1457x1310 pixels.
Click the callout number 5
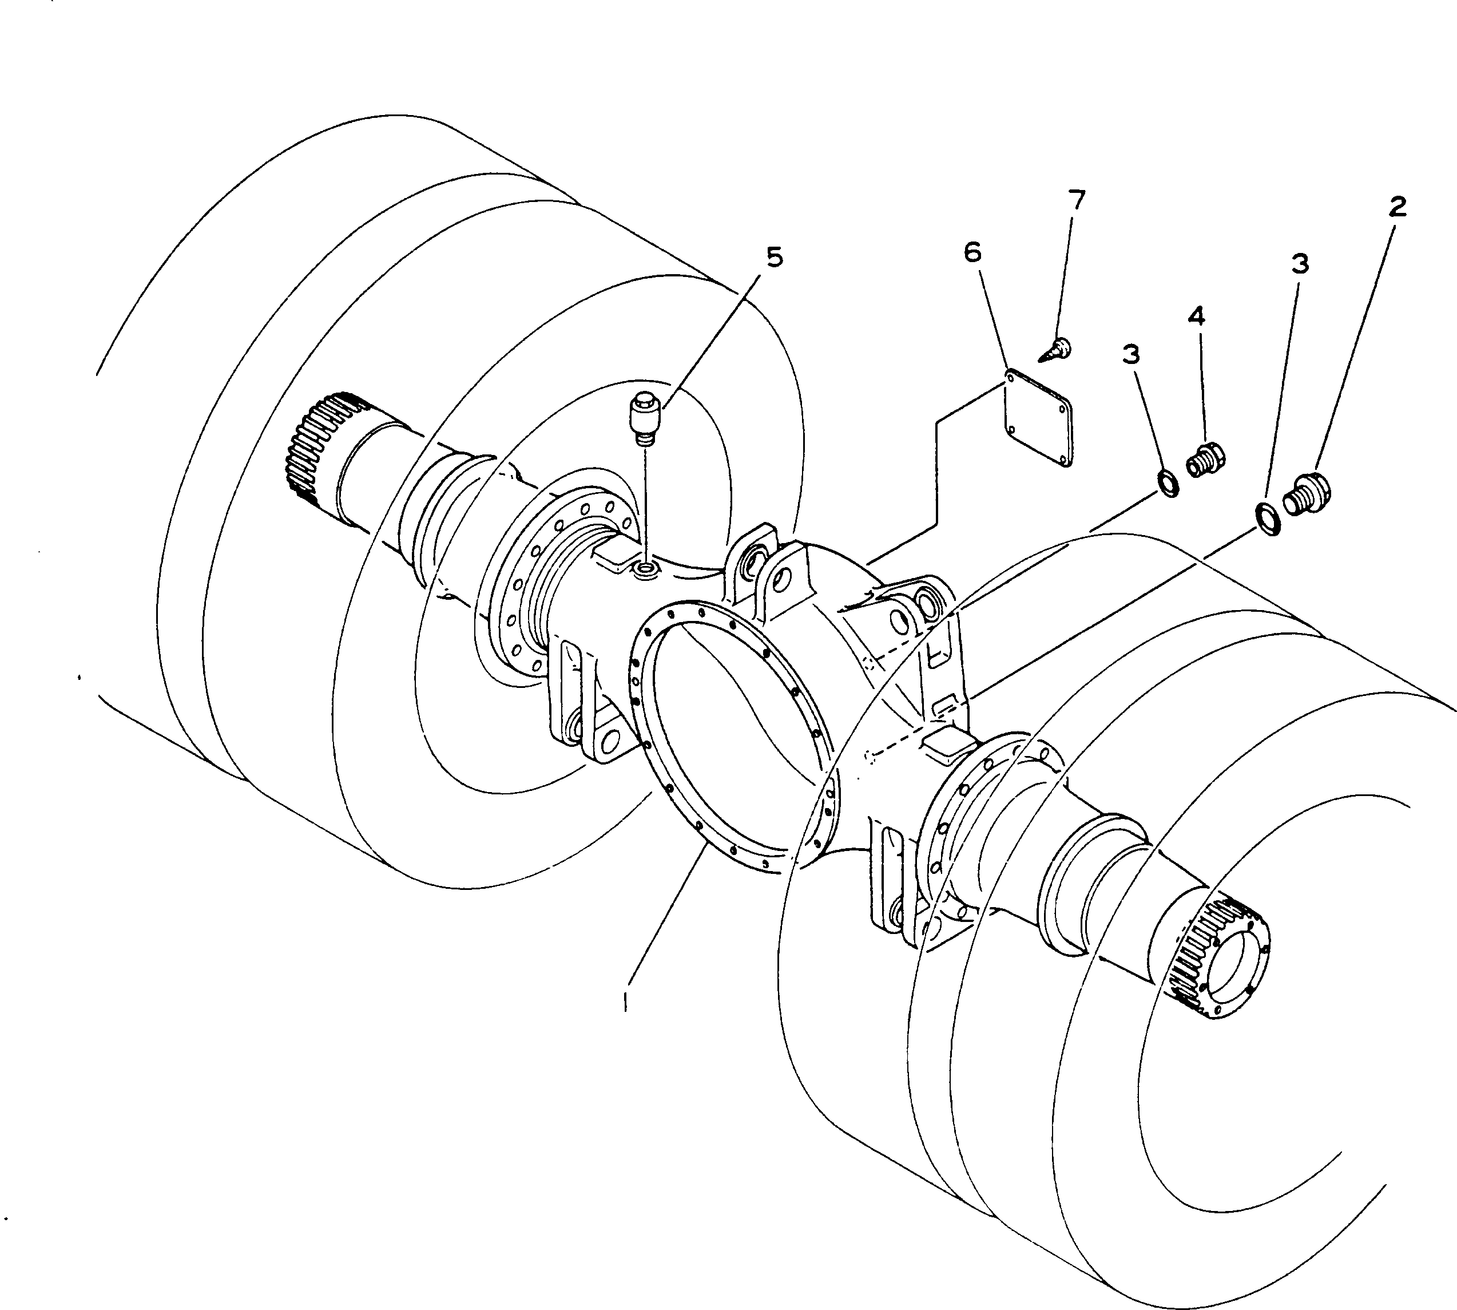773,257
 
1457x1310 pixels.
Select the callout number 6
972,252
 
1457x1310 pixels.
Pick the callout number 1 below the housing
626,1000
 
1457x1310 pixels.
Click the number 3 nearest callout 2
1300,264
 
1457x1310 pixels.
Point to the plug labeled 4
1205,458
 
